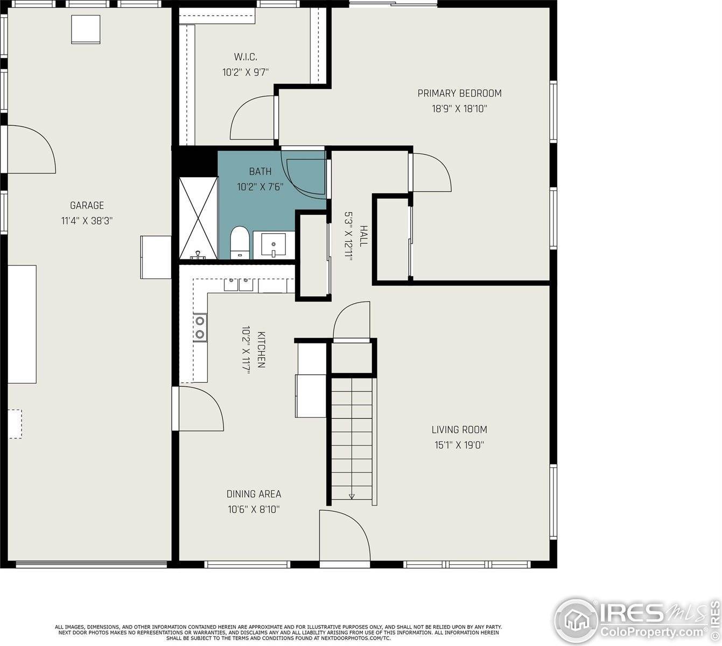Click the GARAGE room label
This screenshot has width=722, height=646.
87,205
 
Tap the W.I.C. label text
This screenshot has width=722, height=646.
245,57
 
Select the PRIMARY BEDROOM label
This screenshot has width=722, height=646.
459,93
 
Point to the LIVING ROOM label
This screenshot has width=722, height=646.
459,430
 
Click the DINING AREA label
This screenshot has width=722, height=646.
254,494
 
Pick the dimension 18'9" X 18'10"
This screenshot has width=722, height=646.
459,109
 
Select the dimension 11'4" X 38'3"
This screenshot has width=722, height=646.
87,221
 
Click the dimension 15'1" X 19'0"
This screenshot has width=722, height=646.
459,445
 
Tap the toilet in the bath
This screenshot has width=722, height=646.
239,243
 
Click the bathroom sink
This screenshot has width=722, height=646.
274,245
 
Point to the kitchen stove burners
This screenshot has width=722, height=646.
200,327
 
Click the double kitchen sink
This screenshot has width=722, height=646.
239,284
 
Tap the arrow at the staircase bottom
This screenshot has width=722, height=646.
352,496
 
